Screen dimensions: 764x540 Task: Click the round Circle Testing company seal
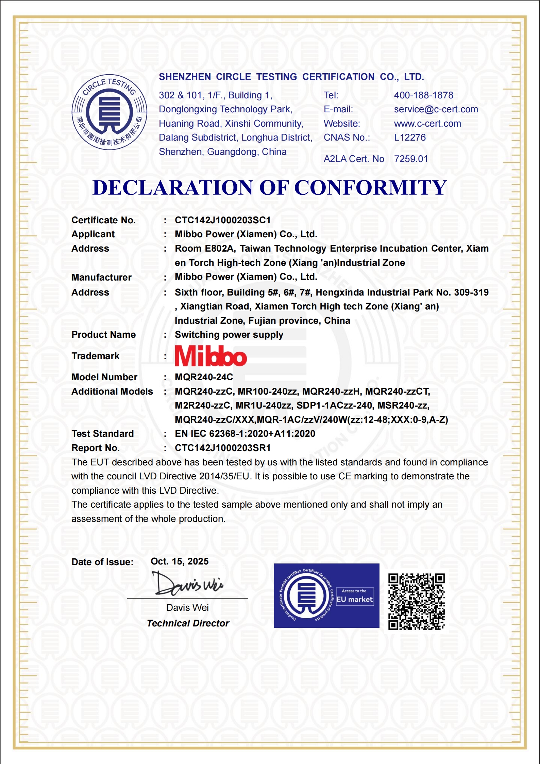point(109,112)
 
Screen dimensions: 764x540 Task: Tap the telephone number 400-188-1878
point(423,95)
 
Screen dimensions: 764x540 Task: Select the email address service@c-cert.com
point(436,109)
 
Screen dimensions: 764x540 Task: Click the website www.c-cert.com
point(427,124)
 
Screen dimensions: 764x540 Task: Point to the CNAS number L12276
point(410,138)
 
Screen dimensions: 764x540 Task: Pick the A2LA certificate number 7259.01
point(411,159)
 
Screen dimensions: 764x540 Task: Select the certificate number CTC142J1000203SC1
point(223,220)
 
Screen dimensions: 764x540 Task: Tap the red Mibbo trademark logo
point(211,356)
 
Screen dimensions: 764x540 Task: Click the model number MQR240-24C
point(204,377)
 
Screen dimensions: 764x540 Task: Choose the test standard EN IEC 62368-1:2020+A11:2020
point(245,434)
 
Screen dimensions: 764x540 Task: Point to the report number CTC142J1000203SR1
point(223,448)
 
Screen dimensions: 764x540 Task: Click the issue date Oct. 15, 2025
point(180,561)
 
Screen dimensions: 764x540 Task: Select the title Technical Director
point(188,623)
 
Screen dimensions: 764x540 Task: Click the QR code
point(417,602)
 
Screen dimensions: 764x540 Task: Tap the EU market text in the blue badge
point(355,599)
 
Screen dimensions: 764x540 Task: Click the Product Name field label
point(103,335)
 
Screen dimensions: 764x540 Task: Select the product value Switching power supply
point(229,335)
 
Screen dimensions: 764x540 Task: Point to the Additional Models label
point(112,392)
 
